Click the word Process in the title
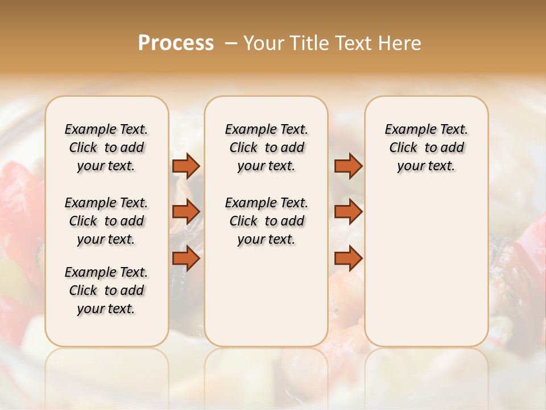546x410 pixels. coord(176,43)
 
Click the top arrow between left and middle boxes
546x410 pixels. coord(186,166)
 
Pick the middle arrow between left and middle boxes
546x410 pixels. coord(186,212)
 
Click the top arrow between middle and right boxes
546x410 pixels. coord(348,166)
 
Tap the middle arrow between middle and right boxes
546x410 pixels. coord(348,212)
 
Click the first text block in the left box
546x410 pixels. coord(106,147)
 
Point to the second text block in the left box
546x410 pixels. coord(106,221)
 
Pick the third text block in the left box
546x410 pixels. coord(106,290)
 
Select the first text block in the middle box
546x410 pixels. coord(266,147)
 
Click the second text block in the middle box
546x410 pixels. coord(266,221)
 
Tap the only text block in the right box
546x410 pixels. coord(426,147)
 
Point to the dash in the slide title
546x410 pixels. coord(231,43)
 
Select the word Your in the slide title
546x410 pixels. coord(262,43)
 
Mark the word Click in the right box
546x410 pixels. coord(403,148)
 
